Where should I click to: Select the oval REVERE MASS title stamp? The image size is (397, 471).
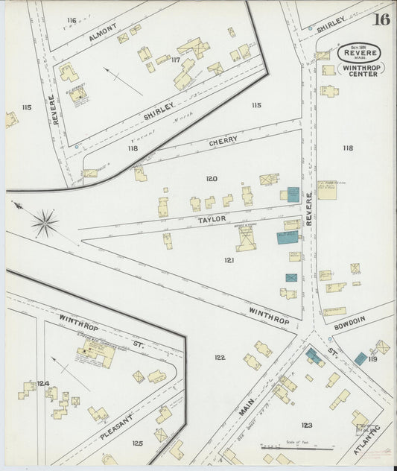(360, 53)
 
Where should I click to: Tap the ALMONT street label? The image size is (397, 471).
(104, 36)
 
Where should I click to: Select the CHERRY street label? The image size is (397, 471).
(223, 140)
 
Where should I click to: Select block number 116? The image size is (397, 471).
(72, 20)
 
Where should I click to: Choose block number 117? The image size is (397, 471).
(177, 60)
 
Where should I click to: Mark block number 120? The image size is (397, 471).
(212, 179)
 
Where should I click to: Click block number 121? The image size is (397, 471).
(229, 260)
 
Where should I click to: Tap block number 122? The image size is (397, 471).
(220, 358)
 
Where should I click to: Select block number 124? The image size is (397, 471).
(43, 384)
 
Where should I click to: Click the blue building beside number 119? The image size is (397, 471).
(361, 358)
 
